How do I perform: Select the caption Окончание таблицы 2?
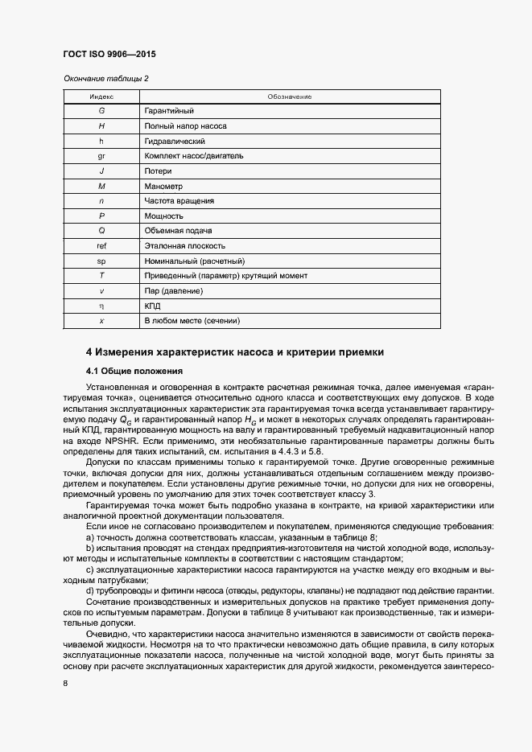(105, 78)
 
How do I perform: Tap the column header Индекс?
(101, 97)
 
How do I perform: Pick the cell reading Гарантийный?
(169, 111)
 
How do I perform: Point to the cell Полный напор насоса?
(185, 126)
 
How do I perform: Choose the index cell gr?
(101, 156)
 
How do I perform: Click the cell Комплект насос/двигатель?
(193, 156)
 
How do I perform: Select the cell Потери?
(159, 171)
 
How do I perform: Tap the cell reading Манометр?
(163, 186)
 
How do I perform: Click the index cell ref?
(101, 246)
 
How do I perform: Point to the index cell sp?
(101, 261)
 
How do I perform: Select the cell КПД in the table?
(153, 306)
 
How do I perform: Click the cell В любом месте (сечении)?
(192, 321)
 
